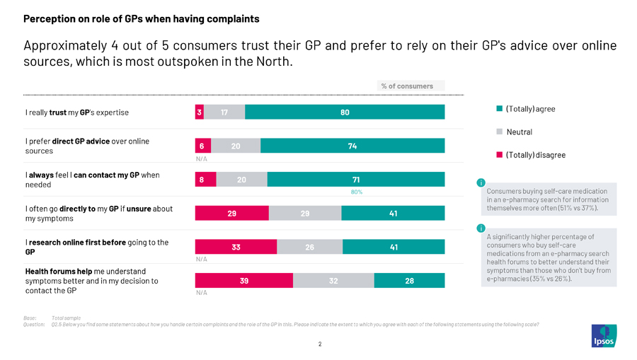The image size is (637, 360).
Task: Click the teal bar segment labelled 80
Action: point(345,112)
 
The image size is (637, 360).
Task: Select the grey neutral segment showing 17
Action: point(224,112)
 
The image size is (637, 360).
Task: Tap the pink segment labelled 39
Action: point(243,281)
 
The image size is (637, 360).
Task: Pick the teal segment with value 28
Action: point(409,281)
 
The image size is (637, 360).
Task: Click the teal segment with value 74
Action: point(352,146)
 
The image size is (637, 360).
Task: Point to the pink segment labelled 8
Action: point(202,180)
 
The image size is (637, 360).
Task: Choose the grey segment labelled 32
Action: point(333,281)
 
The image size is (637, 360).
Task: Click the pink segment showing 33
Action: point(236,247)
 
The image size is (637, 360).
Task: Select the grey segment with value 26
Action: point(309,247)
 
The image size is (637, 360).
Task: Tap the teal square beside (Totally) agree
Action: point(499,109)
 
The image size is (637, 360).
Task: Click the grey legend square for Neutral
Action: point(499,132)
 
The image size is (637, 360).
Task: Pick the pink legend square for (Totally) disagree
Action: point(499,155)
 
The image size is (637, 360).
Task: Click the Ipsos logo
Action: point(603,335)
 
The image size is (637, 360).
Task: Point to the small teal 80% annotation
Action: point(357,192)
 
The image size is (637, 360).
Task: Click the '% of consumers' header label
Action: point(407,86)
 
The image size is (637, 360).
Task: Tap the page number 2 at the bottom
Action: point(319,344)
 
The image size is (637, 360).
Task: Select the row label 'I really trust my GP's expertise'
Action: point(77,112)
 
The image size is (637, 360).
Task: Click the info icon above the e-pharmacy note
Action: point(481,183)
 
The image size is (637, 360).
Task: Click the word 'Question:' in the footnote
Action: point(35,325)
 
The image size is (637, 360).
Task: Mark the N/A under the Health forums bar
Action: point(202,292)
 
